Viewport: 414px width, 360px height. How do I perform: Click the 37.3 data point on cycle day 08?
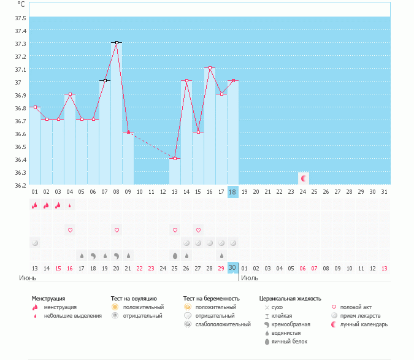click(x=117, y=42)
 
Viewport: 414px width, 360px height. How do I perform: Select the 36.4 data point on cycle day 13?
click(x=175, y=158)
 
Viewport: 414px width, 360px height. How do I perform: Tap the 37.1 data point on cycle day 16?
click(x=210, y=68)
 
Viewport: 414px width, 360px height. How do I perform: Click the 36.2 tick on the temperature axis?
click(x=20, y=185)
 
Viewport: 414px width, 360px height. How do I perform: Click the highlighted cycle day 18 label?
click(x=232, y=192)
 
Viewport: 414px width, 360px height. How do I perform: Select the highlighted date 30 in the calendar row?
click(x=232, y=268)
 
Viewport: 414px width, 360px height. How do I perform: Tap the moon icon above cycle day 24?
click(x=303, y=178)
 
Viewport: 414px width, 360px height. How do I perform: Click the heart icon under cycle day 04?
click(x=70, y=230)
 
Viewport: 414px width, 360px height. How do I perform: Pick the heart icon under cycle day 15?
click(x=198, y=230)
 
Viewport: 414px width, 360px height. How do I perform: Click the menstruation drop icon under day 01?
click(x=35, y=205)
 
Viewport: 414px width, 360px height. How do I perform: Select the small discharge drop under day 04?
click(x=70, y=205)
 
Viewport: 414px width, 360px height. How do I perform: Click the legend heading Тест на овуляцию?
click(x=134, y=298)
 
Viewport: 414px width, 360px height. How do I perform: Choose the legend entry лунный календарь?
click(x=364, y=324)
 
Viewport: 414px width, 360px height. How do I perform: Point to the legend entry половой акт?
click(x=356, y=307)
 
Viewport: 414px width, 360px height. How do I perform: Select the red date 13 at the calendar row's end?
click(x=385, y=268)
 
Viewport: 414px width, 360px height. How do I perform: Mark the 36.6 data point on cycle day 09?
click(x=128, y=132)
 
